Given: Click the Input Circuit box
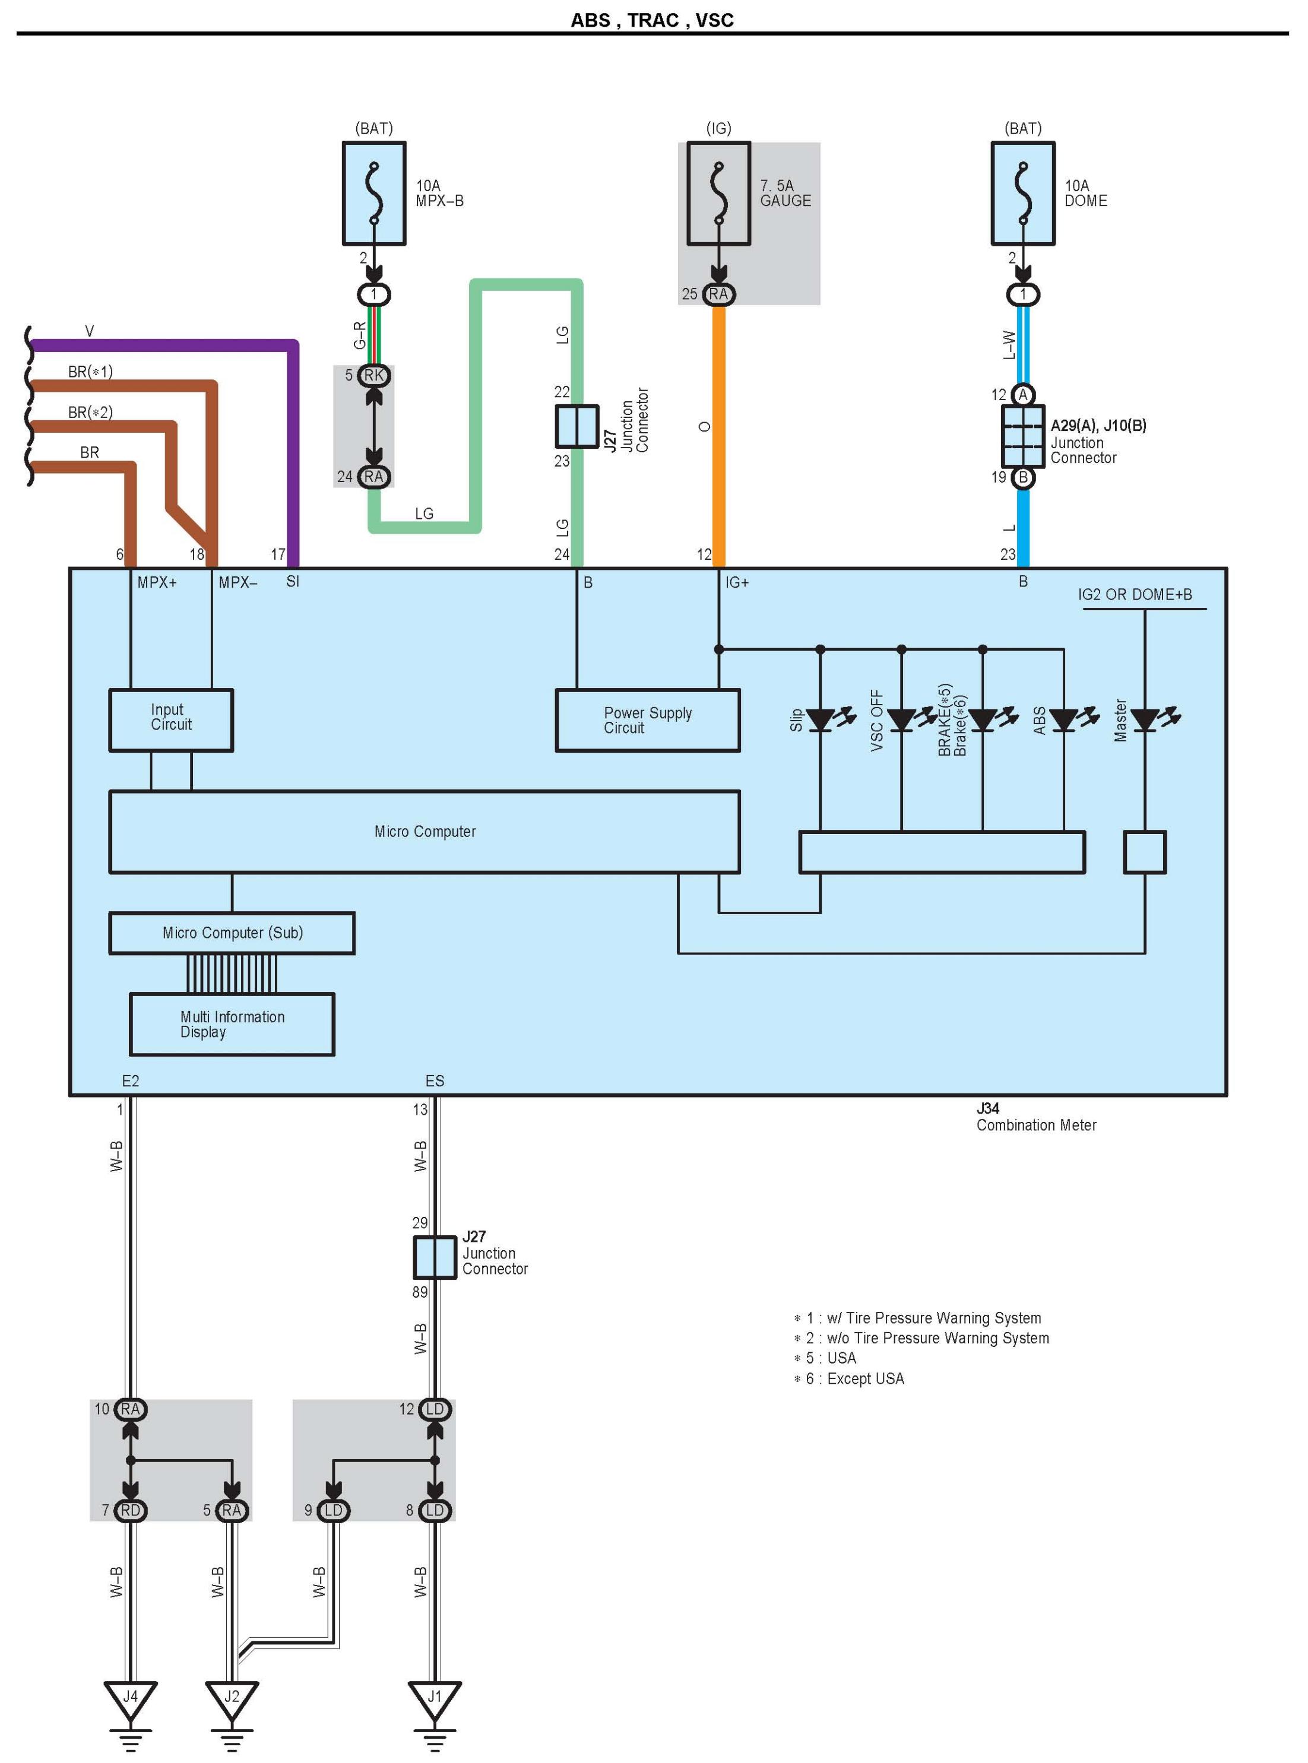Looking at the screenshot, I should click(x=171, y=719).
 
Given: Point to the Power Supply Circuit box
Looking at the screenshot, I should click(x=648, y=719).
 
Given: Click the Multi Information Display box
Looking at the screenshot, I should click(x=232, y=1023).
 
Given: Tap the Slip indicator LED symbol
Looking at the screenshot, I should click(x=821, y=719).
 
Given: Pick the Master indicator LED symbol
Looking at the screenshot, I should click(x=1145, y=719).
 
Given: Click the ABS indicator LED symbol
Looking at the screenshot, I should click(x=1063, y=719).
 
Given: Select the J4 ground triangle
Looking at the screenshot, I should click(x=131, y=1699).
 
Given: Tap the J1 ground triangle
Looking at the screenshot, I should click(x=435, y=1699).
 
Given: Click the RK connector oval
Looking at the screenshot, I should click(x=373, y=375).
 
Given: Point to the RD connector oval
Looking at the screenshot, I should click(x=131, y=1511).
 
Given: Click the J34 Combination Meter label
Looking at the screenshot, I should click(x=1035, y=1117).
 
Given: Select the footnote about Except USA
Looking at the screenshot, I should click(x=850, y=1378).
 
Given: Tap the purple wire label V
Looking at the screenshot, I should click(x=90, y=331).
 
